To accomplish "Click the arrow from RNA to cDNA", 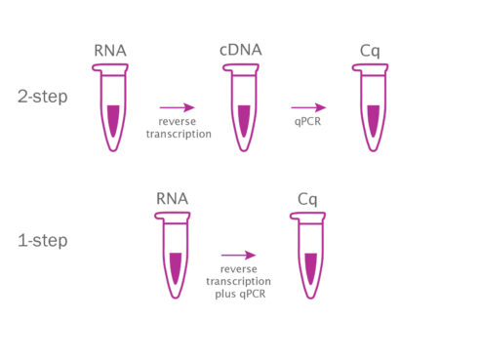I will (x=177, y=107).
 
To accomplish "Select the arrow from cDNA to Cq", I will (x=307, y=107).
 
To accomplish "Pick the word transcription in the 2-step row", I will (x=178, y=135).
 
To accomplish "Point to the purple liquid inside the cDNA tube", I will (x=240, y=119).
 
